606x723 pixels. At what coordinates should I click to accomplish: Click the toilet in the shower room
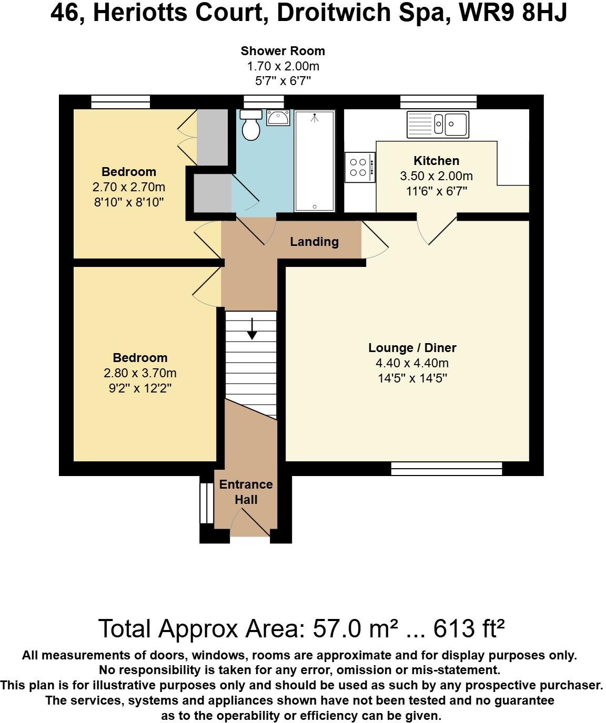pyautogui.click(x=251, y=125)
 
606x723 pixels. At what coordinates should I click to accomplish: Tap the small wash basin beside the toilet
pyautogui.click(x=278, y=118)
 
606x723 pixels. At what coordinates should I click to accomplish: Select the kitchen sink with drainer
pyautogui.click(x=438, y=125)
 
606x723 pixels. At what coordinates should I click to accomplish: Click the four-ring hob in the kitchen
pyautogui.click(x=360, y=167)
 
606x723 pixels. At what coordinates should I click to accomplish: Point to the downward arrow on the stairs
pyautogui.click(x=252, y=328)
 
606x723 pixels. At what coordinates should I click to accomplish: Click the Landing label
pyautogui.click(x=314, y=242)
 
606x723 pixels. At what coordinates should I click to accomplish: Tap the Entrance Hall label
pyautogui.click(x=246, y=492)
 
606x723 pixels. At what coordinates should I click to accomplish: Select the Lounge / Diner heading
pyautogui.click(x=412, y=348)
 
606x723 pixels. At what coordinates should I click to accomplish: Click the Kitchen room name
pyautogui.click(x=436, y=161)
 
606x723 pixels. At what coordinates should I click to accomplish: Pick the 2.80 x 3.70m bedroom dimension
pyautogui.click(x=140, y=373)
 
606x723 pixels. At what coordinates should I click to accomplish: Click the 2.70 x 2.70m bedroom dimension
pyautogui.click(x=129, y=187)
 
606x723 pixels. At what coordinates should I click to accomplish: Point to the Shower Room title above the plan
pyautogui.click(x=283, y=51)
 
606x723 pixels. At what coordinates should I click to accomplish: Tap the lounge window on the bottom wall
pyautogui.click(x=447, y=469)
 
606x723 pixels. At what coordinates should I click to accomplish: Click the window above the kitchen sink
pyautogui.click(x=438, y=102)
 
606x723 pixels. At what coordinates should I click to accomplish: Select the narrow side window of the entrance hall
pyautogui.click(x=207, y=503)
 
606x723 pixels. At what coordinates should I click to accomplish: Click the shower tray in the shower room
pyautogui.click(x=315, y=161)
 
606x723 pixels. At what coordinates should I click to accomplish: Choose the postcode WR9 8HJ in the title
pyautogui.click(x=513, y=13)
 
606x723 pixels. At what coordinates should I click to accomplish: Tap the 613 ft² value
pyautogui.click(x=469, y=628)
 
